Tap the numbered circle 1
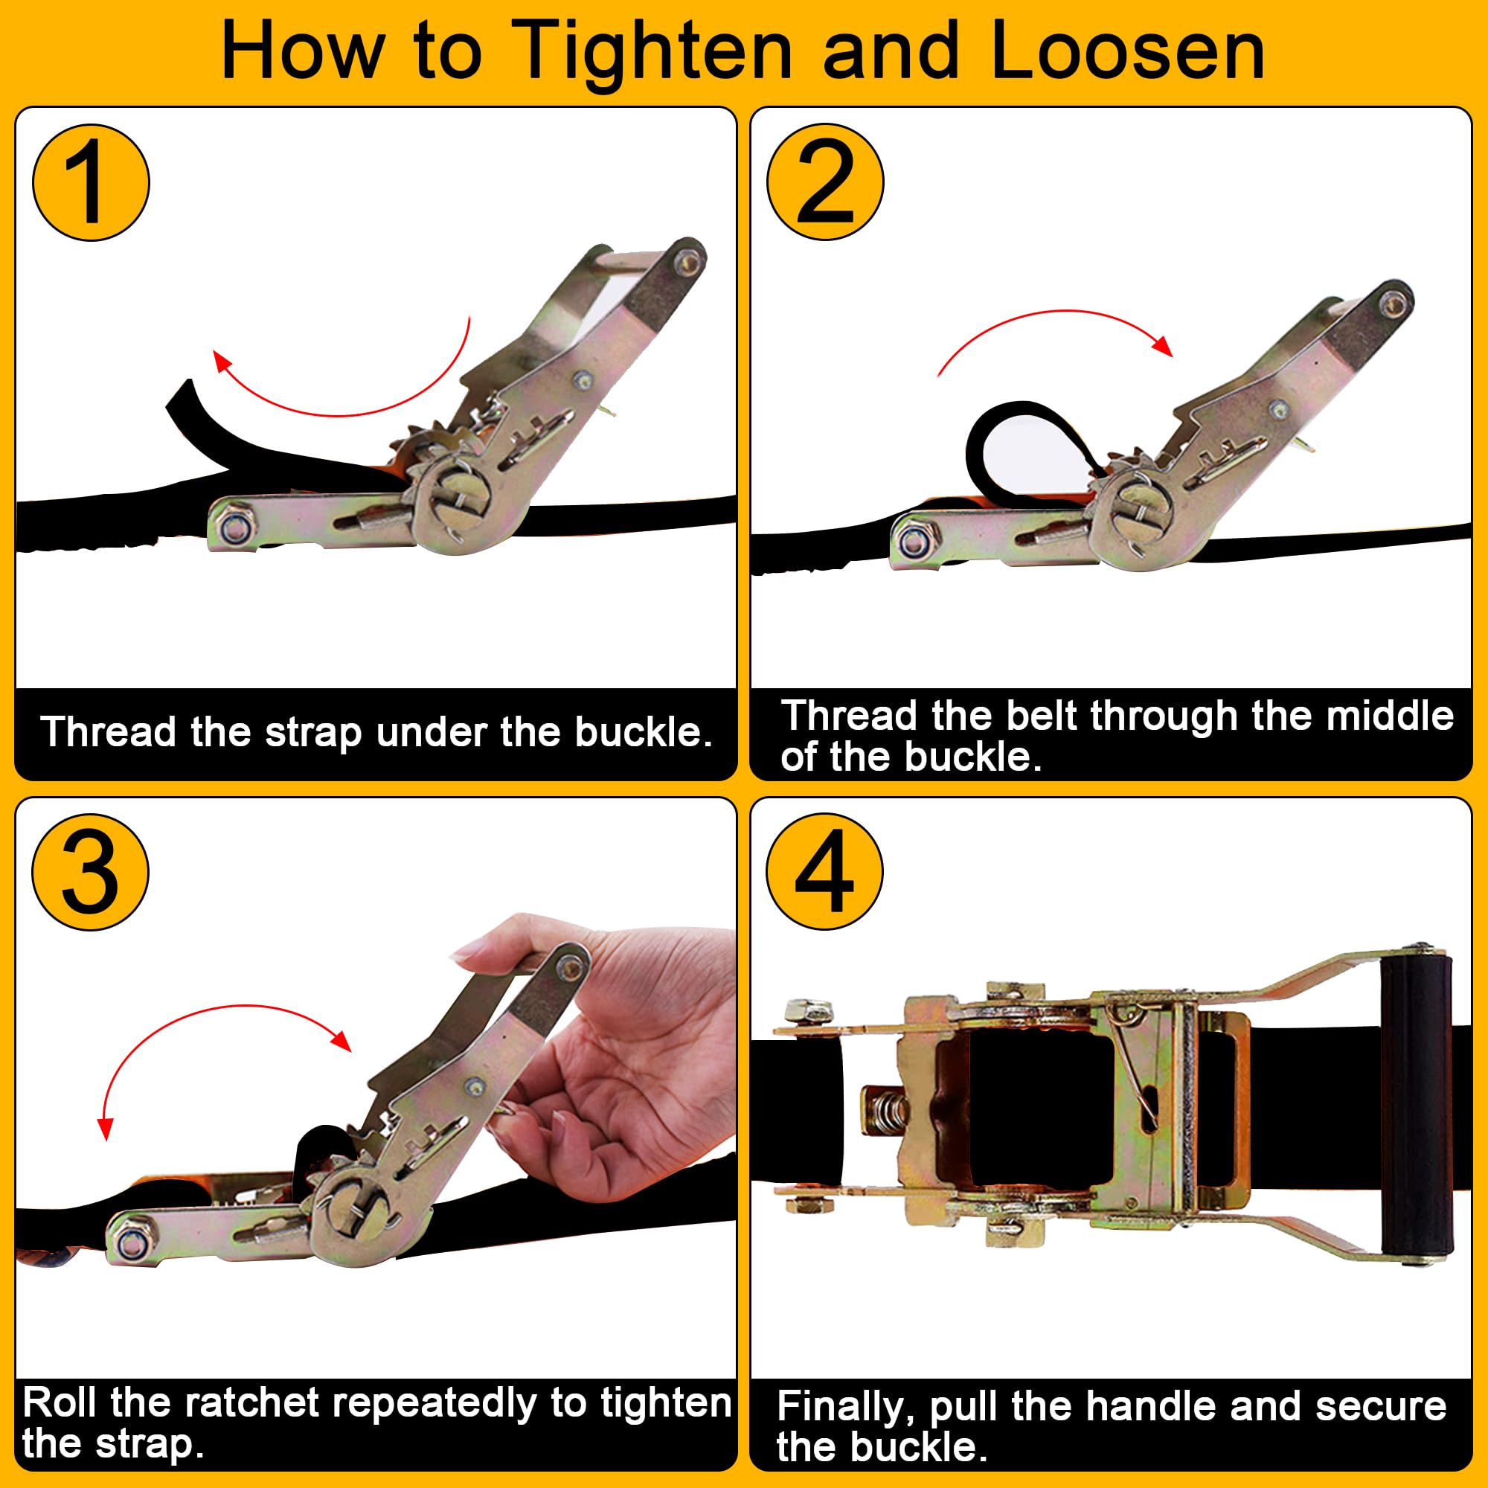click(91, 182)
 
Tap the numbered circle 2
click(825, 182)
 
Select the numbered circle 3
click(90, 872)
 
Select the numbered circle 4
click(825, 872)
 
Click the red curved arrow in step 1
click(339, 414)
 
